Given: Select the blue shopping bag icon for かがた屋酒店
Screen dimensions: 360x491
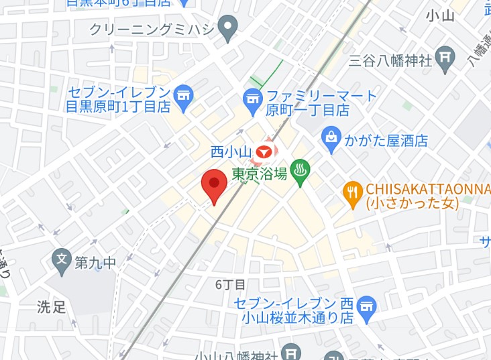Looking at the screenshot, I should pos(331,138).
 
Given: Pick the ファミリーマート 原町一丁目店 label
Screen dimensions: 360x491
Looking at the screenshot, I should pos(312,103).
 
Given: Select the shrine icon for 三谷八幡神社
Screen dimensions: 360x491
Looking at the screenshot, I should pos(445,58).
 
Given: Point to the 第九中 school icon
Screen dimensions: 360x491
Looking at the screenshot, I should pos(61,258).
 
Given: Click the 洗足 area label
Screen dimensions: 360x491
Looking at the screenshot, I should pos(51,308).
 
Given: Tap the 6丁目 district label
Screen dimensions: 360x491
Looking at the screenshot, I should pos(230,285).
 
